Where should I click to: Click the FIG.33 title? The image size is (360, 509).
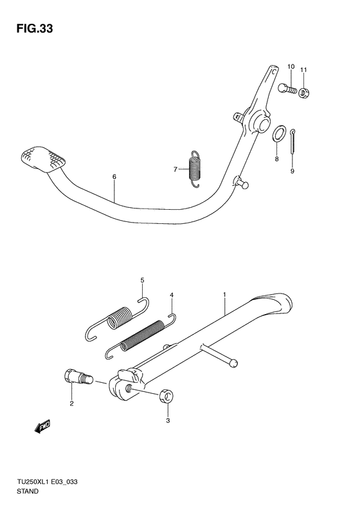click(x=34, y=28)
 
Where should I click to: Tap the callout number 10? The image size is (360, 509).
click(x=291, y=66)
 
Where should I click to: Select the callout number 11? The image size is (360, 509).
click(x=303, y=69)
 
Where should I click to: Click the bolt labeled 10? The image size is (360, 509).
click(x=287, y=88)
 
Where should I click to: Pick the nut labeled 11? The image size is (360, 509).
click(x=304, y=93)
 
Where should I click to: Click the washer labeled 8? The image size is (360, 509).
click(x=278, y=133)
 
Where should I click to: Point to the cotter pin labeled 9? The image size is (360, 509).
click(x=293, y=142)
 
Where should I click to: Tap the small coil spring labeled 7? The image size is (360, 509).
click(x=195, y=169)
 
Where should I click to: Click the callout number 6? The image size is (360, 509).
click(x=114, y=177)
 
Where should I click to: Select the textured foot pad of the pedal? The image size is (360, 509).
click(x=43, y=160)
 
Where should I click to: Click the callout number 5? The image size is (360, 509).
click(x=142, y=280)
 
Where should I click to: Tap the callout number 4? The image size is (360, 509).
click(x=172, y=295)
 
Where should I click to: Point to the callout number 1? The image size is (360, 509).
click(x=224, y=295)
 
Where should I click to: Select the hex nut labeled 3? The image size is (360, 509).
click(x=166, y=397)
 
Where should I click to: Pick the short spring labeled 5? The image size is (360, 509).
click(x=118, y=319)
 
